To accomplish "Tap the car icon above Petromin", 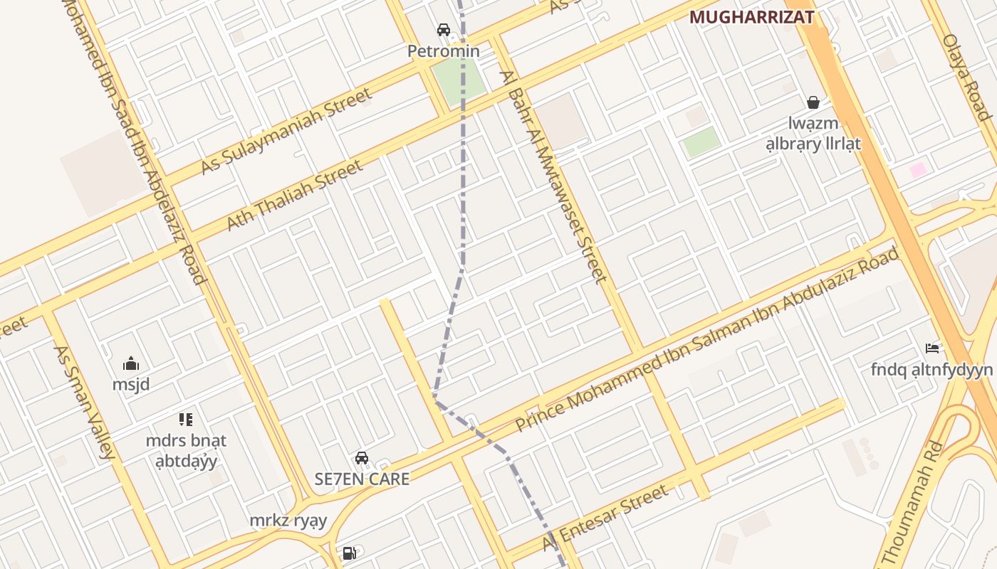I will click(444, 30).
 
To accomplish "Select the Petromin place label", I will click(444, 51).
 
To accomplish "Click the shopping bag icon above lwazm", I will click(813, 103).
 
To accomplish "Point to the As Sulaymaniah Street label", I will click(286, 131).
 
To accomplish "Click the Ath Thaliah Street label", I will click(294, 196).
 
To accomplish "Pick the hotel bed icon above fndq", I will click(931, 349).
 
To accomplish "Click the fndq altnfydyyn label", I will click(931, 370).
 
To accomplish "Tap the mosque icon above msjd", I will click(131, 364).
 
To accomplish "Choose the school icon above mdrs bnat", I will click(186, 420).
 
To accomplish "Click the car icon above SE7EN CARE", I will click(362, 458).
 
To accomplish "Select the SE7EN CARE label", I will click(362, 479).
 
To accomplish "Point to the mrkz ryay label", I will click(288, 521).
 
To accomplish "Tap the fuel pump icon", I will click(349, 553).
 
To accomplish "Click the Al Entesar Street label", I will click(606, 519).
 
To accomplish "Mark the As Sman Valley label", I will click(84, 403).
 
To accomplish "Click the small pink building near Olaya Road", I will click(919, 170).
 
